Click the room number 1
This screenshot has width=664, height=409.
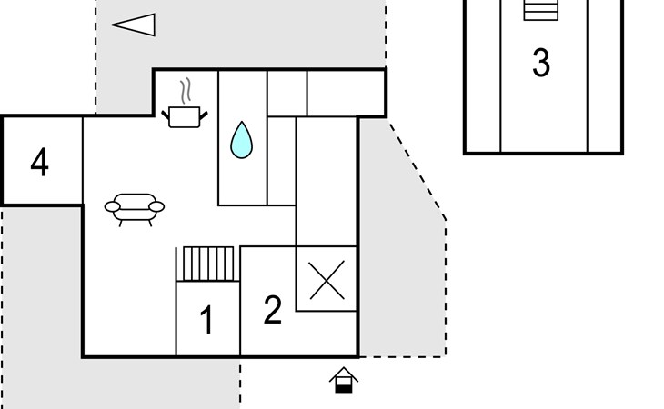(206, 320)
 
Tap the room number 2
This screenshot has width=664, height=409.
(272, 310)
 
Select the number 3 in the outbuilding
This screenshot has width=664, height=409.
(541, 63)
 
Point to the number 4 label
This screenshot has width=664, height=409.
(39, 162)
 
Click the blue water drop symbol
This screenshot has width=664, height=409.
(241, 140)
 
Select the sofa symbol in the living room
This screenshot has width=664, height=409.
(135, 210)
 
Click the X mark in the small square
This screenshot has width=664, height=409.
(327, 281)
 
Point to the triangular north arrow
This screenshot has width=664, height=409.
(134, 25)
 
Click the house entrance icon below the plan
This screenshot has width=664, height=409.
(344, 380)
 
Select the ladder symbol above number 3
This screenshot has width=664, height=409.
(541, 10)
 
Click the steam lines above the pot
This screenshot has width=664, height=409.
(186, 91)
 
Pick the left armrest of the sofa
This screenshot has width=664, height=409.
(112, 207)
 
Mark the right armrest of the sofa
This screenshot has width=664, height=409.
(156, 207)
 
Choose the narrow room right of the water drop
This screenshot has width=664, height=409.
(281, 161)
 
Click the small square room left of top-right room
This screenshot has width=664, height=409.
(287, 93)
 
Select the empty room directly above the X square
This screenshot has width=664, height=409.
(326, 182)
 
